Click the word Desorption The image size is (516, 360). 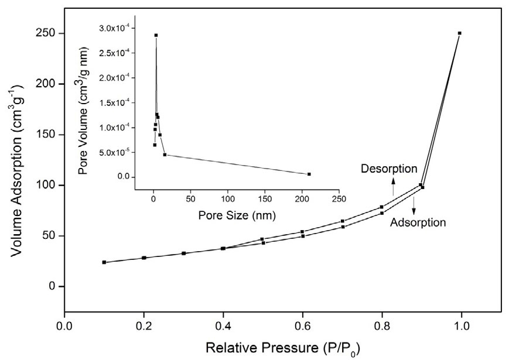[389, 169]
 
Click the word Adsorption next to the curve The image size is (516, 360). [418, 222]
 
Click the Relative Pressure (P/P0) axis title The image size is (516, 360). [262, 347]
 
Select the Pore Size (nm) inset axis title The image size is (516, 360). [237, 215]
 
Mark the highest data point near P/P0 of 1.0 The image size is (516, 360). [460, 33]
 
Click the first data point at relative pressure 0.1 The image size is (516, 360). [104, 262]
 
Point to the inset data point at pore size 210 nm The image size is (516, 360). [309, 174]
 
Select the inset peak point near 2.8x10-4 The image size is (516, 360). [156, 35]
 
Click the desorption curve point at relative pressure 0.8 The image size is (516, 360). [382, 207]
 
